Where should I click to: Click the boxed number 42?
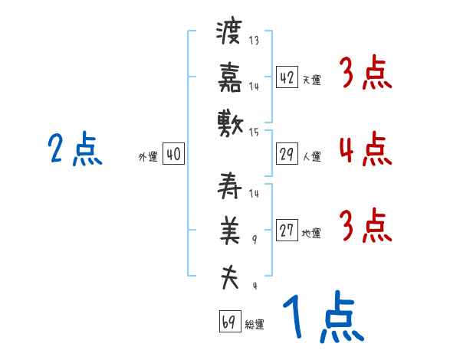(x=287, y=77)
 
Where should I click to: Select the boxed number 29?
(x=287, y=154)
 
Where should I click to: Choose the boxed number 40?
(x=173, y=154)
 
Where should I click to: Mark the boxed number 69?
(x=228, y=321)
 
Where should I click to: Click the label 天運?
(x=311, y=80)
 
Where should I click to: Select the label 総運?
(x=255, y=324)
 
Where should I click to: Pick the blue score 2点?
(x=74, y=149)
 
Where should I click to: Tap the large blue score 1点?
(x=322, y=319)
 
